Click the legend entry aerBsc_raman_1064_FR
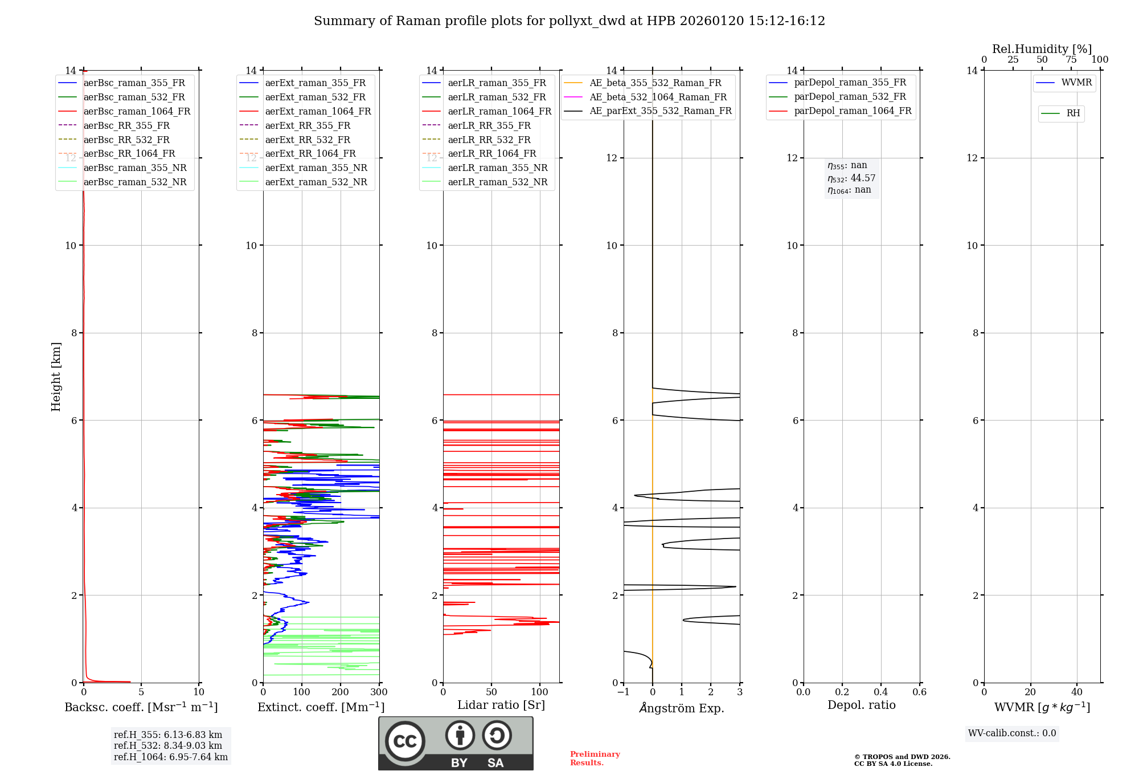click(137, 112)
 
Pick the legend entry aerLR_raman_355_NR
click(497, 168)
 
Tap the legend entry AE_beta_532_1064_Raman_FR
click(658, 97)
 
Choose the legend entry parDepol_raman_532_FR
click(850, 97)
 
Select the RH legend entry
click(1073, 113)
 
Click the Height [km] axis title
click(56, 376)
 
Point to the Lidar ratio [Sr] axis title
click(501, 705)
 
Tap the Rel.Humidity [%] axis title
click(1042, 49)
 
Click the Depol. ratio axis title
click(861, 705)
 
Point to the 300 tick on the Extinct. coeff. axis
click(379, 692)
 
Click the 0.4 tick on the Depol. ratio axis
click(880, 692)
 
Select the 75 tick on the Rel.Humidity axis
click(1071, 60)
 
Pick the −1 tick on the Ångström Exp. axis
click(623, 692)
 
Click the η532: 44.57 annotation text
click(851, 178)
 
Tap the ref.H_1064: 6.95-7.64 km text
click(171, 757)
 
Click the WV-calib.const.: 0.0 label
click(1012, 733)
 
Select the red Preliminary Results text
click(595, 758)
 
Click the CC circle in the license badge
click(405, 741)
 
